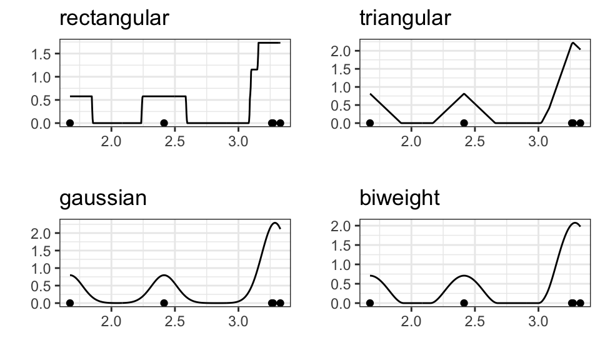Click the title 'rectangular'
(114, 18)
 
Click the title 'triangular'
(405, 18)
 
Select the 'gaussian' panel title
(103, 199)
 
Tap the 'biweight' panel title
(400, 199)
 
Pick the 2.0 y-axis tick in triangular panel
(343, 51)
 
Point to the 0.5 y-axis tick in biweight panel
(343, 284)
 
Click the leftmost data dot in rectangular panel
(70, 123)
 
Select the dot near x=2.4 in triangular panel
(464, 123)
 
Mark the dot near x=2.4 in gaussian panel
(164, 303)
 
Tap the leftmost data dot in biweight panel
(370, 303)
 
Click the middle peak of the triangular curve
(464, 93)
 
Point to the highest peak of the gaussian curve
(274, 222)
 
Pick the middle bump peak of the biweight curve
(464, 275)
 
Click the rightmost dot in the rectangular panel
(280, 123)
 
